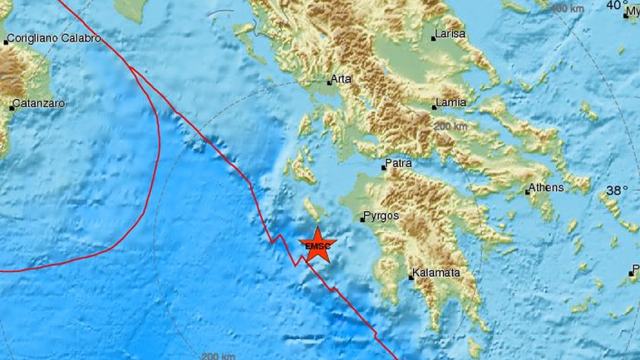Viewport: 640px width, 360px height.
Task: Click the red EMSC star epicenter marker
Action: click(316, 246)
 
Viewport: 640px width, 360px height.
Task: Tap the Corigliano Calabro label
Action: click(53, 38)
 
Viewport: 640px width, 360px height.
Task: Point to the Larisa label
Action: click(450, 35)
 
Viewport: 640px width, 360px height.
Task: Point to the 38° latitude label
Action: click(617, 190)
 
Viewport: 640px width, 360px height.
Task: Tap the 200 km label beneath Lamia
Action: click(452, 126)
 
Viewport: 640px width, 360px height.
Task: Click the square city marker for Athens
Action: click(528, 192)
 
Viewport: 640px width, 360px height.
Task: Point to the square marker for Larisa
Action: click(434, 37)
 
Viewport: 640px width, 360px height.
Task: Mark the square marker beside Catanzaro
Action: click(12, 106)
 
